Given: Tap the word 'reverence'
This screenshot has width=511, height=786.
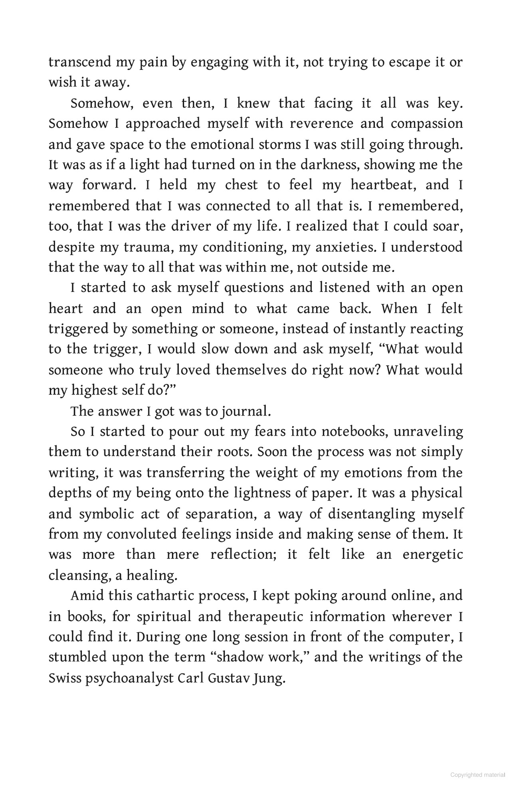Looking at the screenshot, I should pyautogui.click(x=321, y=124).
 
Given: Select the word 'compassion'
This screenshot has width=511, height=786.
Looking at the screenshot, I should pyautogui.click(x=427, y=124).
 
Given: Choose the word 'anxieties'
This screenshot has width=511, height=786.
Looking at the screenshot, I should pyautogui.click(x=345, y=247).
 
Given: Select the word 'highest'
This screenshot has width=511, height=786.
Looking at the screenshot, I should pyautogui.click(x=94, y=390).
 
